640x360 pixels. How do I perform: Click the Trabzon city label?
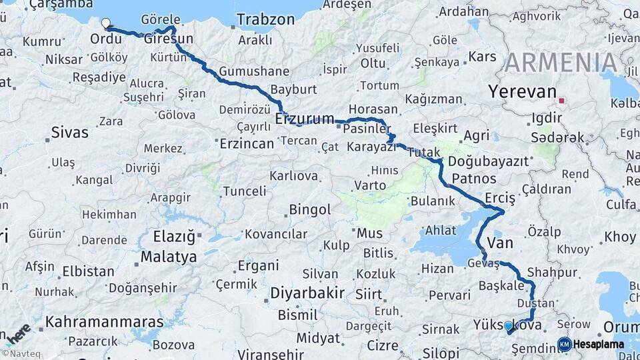(x=266, y=21)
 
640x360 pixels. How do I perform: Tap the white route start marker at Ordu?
(x=106, y=23)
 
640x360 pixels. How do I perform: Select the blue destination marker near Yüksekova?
(x=509, y=326)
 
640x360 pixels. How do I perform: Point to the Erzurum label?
(x=305, y=119)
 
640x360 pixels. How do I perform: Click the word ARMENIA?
(x=561, y=63)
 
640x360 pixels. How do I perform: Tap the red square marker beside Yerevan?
(x=562, y=101)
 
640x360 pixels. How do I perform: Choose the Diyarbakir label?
(x=307, y=293)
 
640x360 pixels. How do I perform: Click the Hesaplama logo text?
(x=598, y=344)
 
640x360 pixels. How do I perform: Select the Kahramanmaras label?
(x=104, y=322)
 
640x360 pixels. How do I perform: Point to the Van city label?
(x=500, y=243)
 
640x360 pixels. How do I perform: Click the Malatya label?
(x=169, y=257)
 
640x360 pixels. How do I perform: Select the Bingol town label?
(x=310, y=210)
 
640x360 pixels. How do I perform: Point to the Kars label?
(x=483, y=57)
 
